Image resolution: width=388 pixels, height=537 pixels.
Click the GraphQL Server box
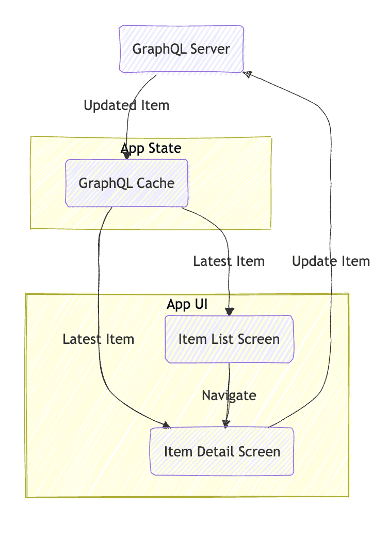(181, 49)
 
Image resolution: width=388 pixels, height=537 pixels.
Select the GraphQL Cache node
(126, 183)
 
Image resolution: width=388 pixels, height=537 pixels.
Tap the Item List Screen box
(229, 339)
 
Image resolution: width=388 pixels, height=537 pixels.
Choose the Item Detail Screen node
(222, 452)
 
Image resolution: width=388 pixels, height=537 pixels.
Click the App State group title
(151, 149)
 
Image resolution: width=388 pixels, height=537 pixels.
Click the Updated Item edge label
(126, 105)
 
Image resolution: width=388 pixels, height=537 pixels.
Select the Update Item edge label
(331, 261)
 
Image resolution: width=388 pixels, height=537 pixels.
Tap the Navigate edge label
(229, 396)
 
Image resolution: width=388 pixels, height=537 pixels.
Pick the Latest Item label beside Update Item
(229, 261)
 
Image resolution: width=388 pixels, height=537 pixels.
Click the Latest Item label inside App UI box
(99, 339)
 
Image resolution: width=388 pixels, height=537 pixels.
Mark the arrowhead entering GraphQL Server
(248, 74)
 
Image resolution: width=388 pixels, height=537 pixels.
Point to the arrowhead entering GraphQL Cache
(126, 155)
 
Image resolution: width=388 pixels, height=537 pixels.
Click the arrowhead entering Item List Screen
(229, 311)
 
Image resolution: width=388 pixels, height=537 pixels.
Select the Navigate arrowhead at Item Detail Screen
(227, 423)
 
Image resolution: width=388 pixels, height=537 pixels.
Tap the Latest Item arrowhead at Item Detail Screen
(166, 425)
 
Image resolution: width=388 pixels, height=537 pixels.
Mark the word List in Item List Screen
(227, 339)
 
